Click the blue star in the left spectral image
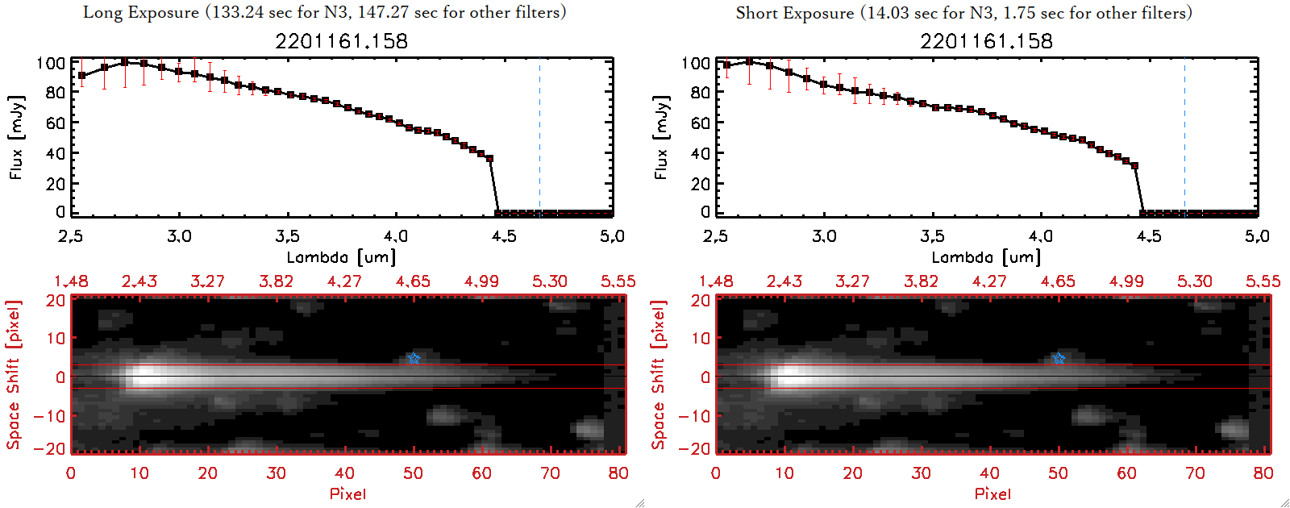(x=414, y=358)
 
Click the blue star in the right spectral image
(x=1059, y=358)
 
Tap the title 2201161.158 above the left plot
(x=342, y=41)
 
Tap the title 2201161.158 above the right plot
(x=987, y=41)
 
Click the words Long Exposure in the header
(x=141, y=12)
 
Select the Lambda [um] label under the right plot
(x=986, y=257)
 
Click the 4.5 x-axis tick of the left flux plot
(x=504, y=236)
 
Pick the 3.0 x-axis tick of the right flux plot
(x=824, y=236)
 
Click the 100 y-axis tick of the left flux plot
(x=51, y=63)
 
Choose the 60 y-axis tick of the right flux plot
(x=700, y=123)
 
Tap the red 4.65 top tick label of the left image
(x=413, y=281)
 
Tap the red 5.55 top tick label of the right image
(x=1263, y=281)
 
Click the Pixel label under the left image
(x=347, y=493)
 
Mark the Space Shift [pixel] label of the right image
(x=659, y=375)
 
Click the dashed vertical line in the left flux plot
(x=539, y=137)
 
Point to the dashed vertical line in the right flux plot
(x=1184, y=137)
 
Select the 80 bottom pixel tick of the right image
(x=1263, y=473)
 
